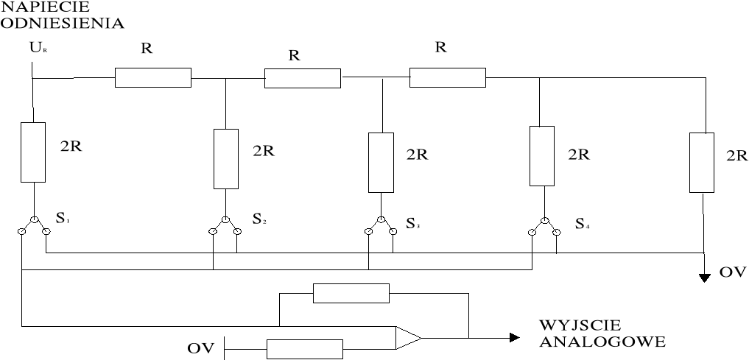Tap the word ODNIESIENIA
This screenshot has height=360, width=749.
[62, 22]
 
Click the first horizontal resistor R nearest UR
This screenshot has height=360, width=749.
[152, 77]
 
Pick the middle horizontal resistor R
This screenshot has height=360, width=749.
[302, 78]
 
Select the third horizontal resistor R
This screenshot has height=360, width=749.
[447, 77]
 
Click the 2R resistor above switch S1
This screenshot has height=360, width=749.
[32, 152]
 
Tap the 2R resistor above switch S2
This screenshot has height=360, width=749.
[225, 159]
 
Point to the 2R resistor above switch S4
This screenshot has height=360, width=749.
[541, 156]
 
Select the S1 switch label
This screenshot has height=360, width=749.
[63, 219]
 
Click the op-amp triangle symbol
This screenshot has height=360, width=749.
[407, 337]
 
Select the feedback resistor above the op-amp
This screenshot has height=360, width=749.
[351, 293]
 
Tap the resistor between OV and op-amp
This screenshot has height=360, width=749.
[304, 348]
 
